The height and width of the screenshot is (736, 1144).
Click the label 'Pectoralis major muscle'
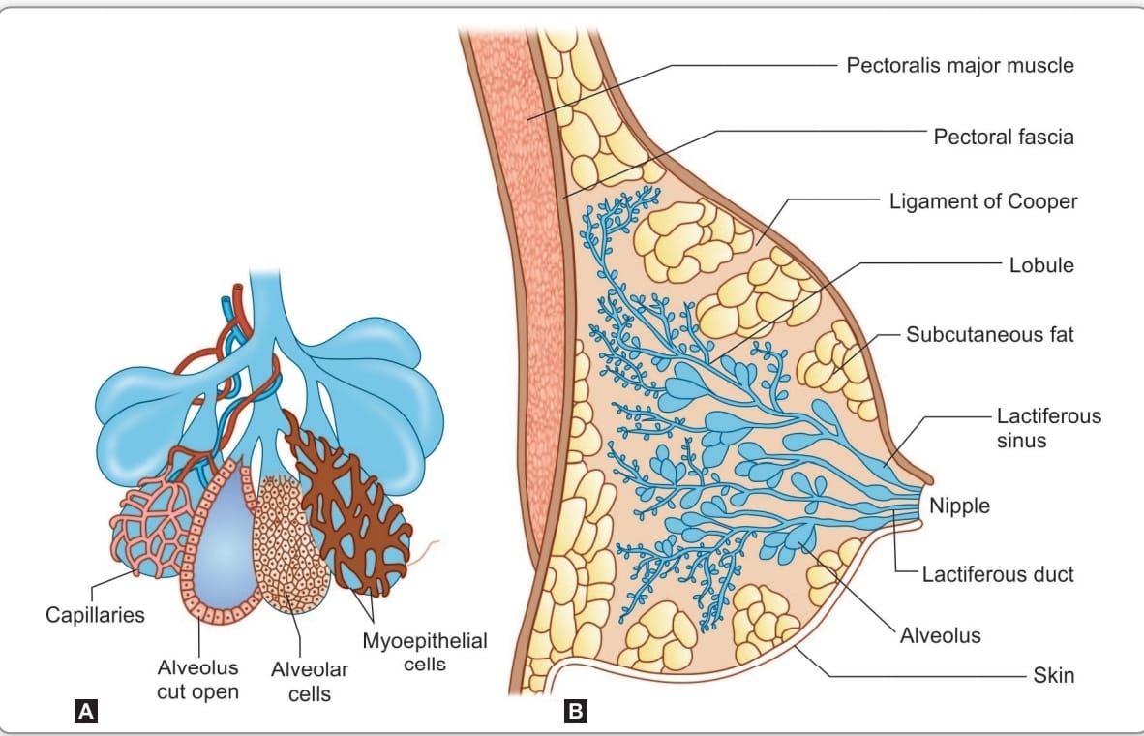(959, 65)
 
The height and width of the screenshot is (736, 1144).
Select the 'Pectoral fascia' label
(1004, 137)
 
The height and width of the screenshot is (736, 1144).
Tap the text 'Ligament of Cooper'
(982, 201)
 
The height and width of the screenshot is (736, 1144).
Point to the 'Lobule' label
(1041, 265)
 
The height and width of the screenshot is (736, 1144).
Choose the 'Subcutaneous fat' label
(990, 334)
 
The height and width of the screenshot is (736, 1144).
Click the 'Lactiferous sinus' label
(1048, 428)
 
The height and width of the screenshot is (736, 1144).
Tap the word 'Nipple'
(959, 506)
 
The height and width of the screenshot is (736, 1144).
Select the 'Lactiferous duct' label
(998, 574)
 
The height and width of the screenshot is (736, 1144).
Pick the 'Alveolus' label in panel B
(941, 635)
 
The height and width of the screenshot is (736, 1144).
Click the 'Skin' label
(1054, 675)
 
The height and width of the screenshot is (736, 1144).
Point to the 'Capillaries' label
(95, 615)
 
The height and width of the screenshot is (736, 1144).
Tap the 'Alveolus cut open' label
(197, 679)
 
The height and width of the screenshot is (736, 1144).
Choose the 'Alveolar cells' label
(310, 681)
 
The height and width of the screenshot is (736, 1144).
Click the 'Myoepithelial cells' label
(425, 652)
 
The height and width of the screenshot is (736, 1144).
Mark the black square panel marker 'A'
(85, 711)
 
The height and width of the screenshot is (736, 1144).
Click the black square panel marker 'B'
(576, 711)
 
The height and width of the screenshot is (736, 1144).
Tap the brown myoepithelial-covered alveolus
(348, 504)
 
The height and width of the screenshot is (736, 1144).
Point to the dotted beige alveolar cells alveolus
(288, 544)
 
